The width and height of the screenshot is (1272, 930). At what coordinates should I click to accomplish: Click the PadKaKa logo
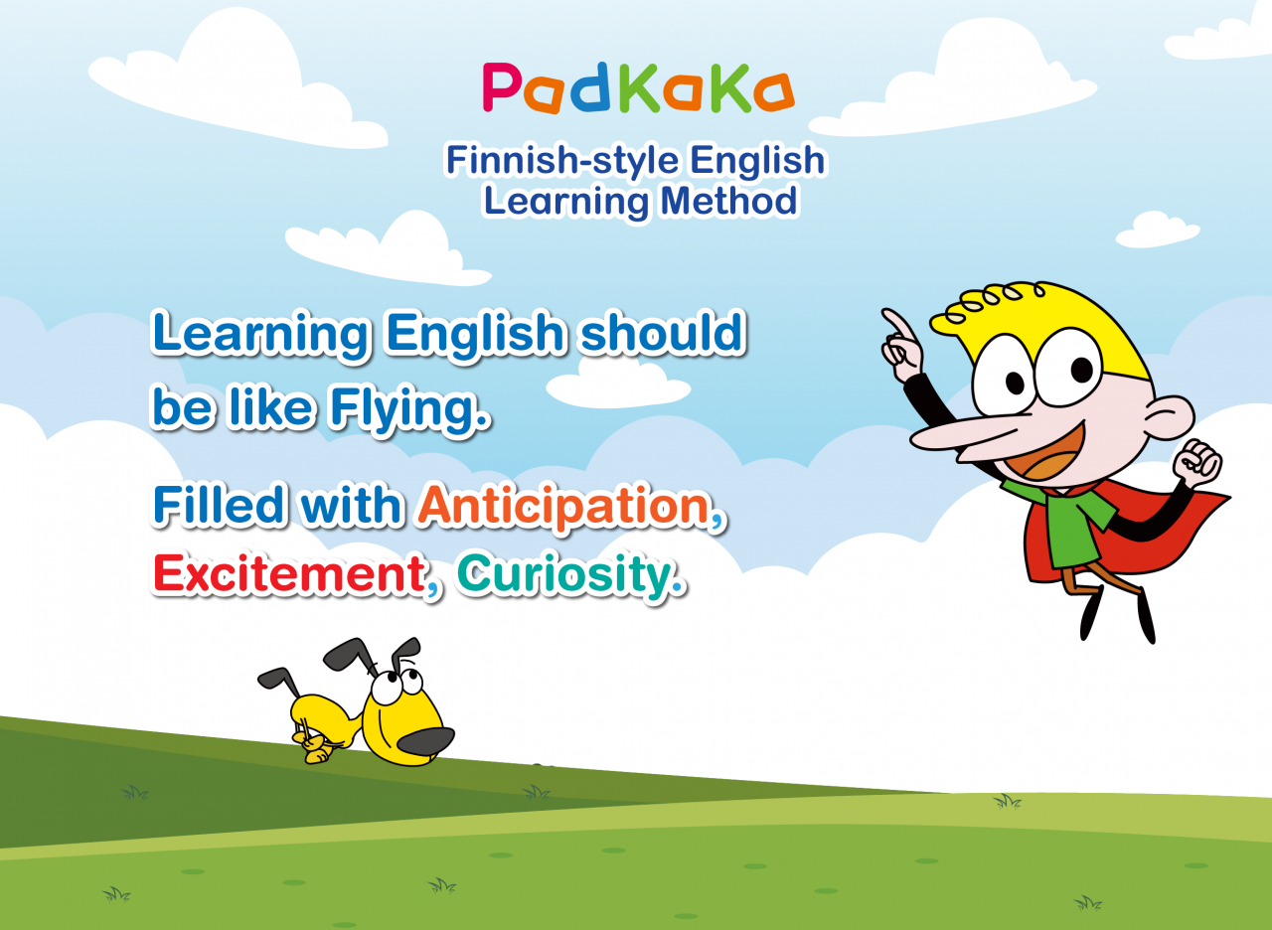coord(638,88)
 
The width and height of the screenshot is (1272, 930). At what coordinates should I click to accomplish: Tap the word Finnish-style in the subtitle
coord(562,161)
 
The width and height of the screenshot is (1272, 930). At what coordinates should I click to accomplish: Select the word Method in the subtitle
coord(729,201)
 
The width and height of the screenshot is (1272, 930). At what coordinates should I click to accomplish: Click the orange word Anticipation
coord(564,507)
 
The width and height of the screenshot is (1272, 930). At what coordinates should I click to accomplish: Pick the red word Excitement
coord(289,574)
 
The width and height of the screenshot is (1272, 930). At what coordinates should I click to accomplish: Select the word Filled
coord(218,505)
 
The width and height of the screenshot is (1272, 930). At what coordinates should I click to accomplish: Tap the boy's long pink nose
coord(960,437)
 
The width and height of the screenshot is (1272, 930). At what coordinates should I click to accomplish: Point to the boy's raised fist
coord(1197,463)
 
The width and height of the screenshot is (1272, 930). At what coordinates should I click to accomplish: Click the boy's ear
coord(1170,417)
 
